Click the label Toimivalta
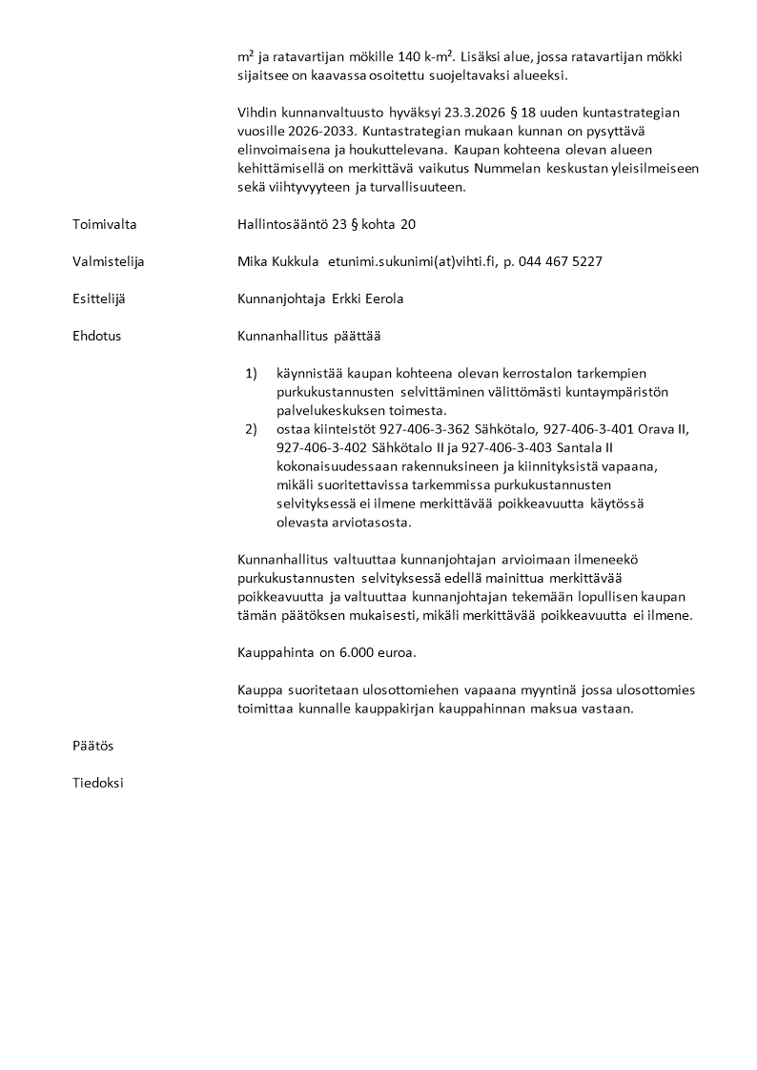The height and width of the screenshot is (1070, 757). pyautogui.click(x=105, y=224)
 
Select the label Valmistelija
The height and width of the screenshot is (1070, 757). pyautogui.click(x=109, y=261)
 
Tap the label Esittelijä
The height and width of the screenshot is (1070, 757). pyautogui.click(x=99, y=298)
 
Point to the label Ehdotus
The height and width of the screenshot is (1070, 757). pyautogui.click(x=97, y=336)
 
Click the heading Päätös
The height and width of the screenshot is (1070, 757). pyautogui.click(x=93, y=745)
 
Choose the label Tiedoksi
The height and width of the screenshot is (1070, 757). pyautogui.click(x=98, y=783)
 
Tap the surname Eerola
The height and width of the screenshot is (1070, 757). pyautogui.click(x=381, y=298)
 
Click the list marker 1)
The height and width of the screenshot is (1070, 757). pyautogui.click(x=252, y=373)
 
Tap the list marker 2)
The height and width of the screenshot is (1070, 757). pyautogui.click(x=252, y=429)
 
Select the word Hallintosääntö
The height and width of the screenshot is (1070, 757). pyautogui.click(x=283, y=224)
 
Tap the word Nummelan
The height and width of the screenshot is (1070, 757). pyautogui.click(x=507, y=168)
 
